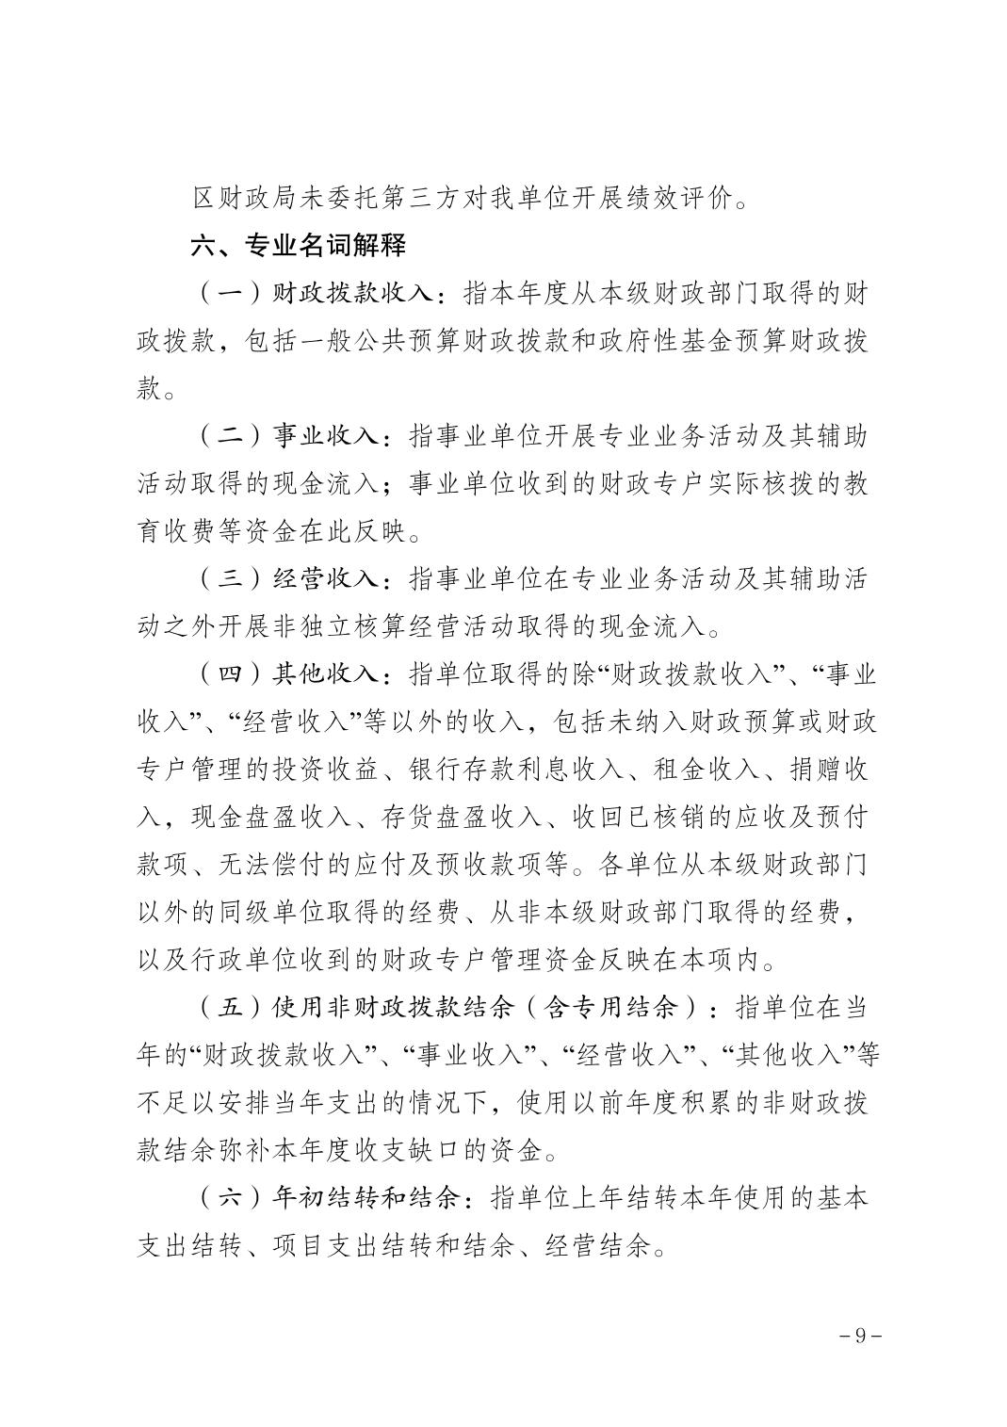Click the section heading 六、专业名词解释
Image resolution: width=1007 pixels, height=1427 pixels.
pyautogui.click(x=299, y=246)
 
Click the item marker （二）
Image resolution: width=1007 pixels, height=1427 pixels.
pyautogui.click(x=219, y=436)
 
